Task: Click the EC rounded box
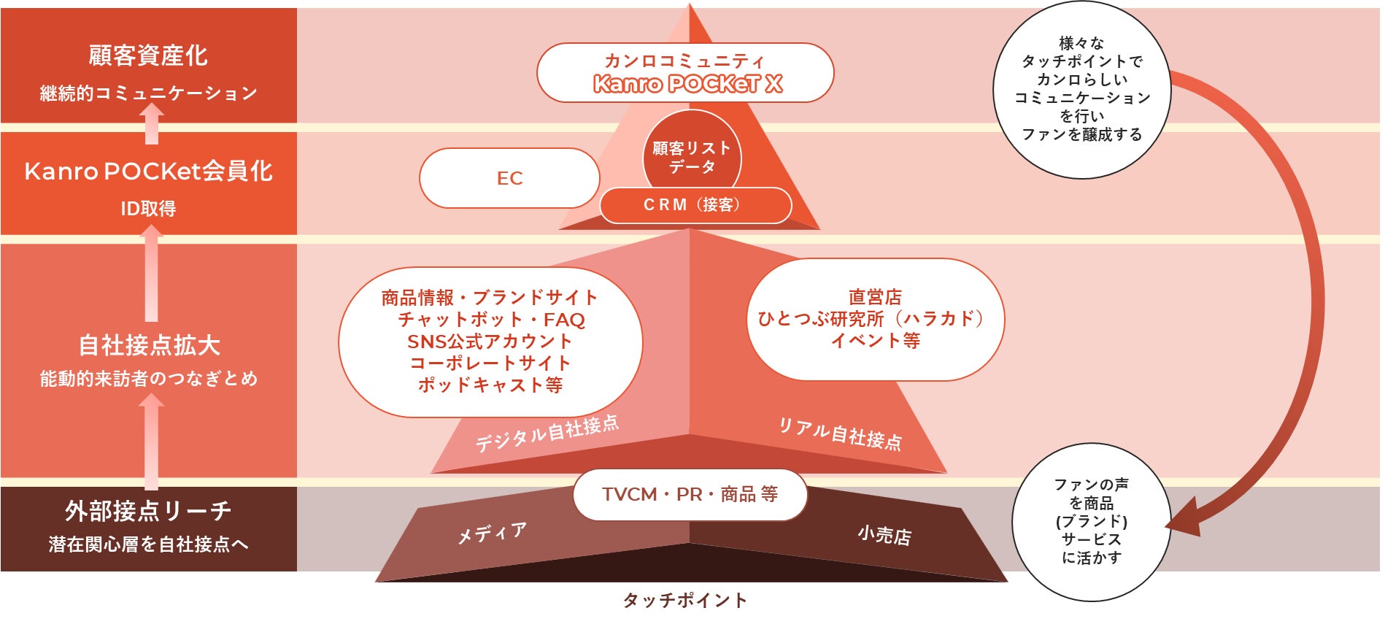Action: [509, 179]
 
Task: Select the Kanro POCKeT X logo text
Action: [687, 85]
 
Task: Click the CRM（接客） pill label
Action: [695, 205]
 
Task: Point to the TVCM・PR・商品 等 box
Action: [690, 495]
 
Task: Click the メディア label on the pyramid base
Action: [491, 534]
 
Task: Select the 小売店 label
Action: [884, 536]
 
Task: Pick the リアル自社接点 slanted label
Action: [840, 434]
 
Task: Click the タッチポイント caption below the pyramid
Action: [684, 601]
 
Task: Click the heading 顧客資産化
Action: [148, 55]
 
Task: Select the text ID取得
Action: [148, 209]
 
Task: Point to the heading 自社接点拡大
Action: [149, 345]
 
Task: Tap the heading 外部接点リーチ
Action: [148, 511]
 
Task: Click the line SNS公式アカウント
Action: [490, 342]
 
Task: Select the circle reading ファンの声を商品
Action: [1091, 521]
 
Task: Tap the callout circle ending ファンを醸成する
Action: [1081, 89]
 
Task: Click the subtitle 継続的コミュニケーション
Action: [148, 93]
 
